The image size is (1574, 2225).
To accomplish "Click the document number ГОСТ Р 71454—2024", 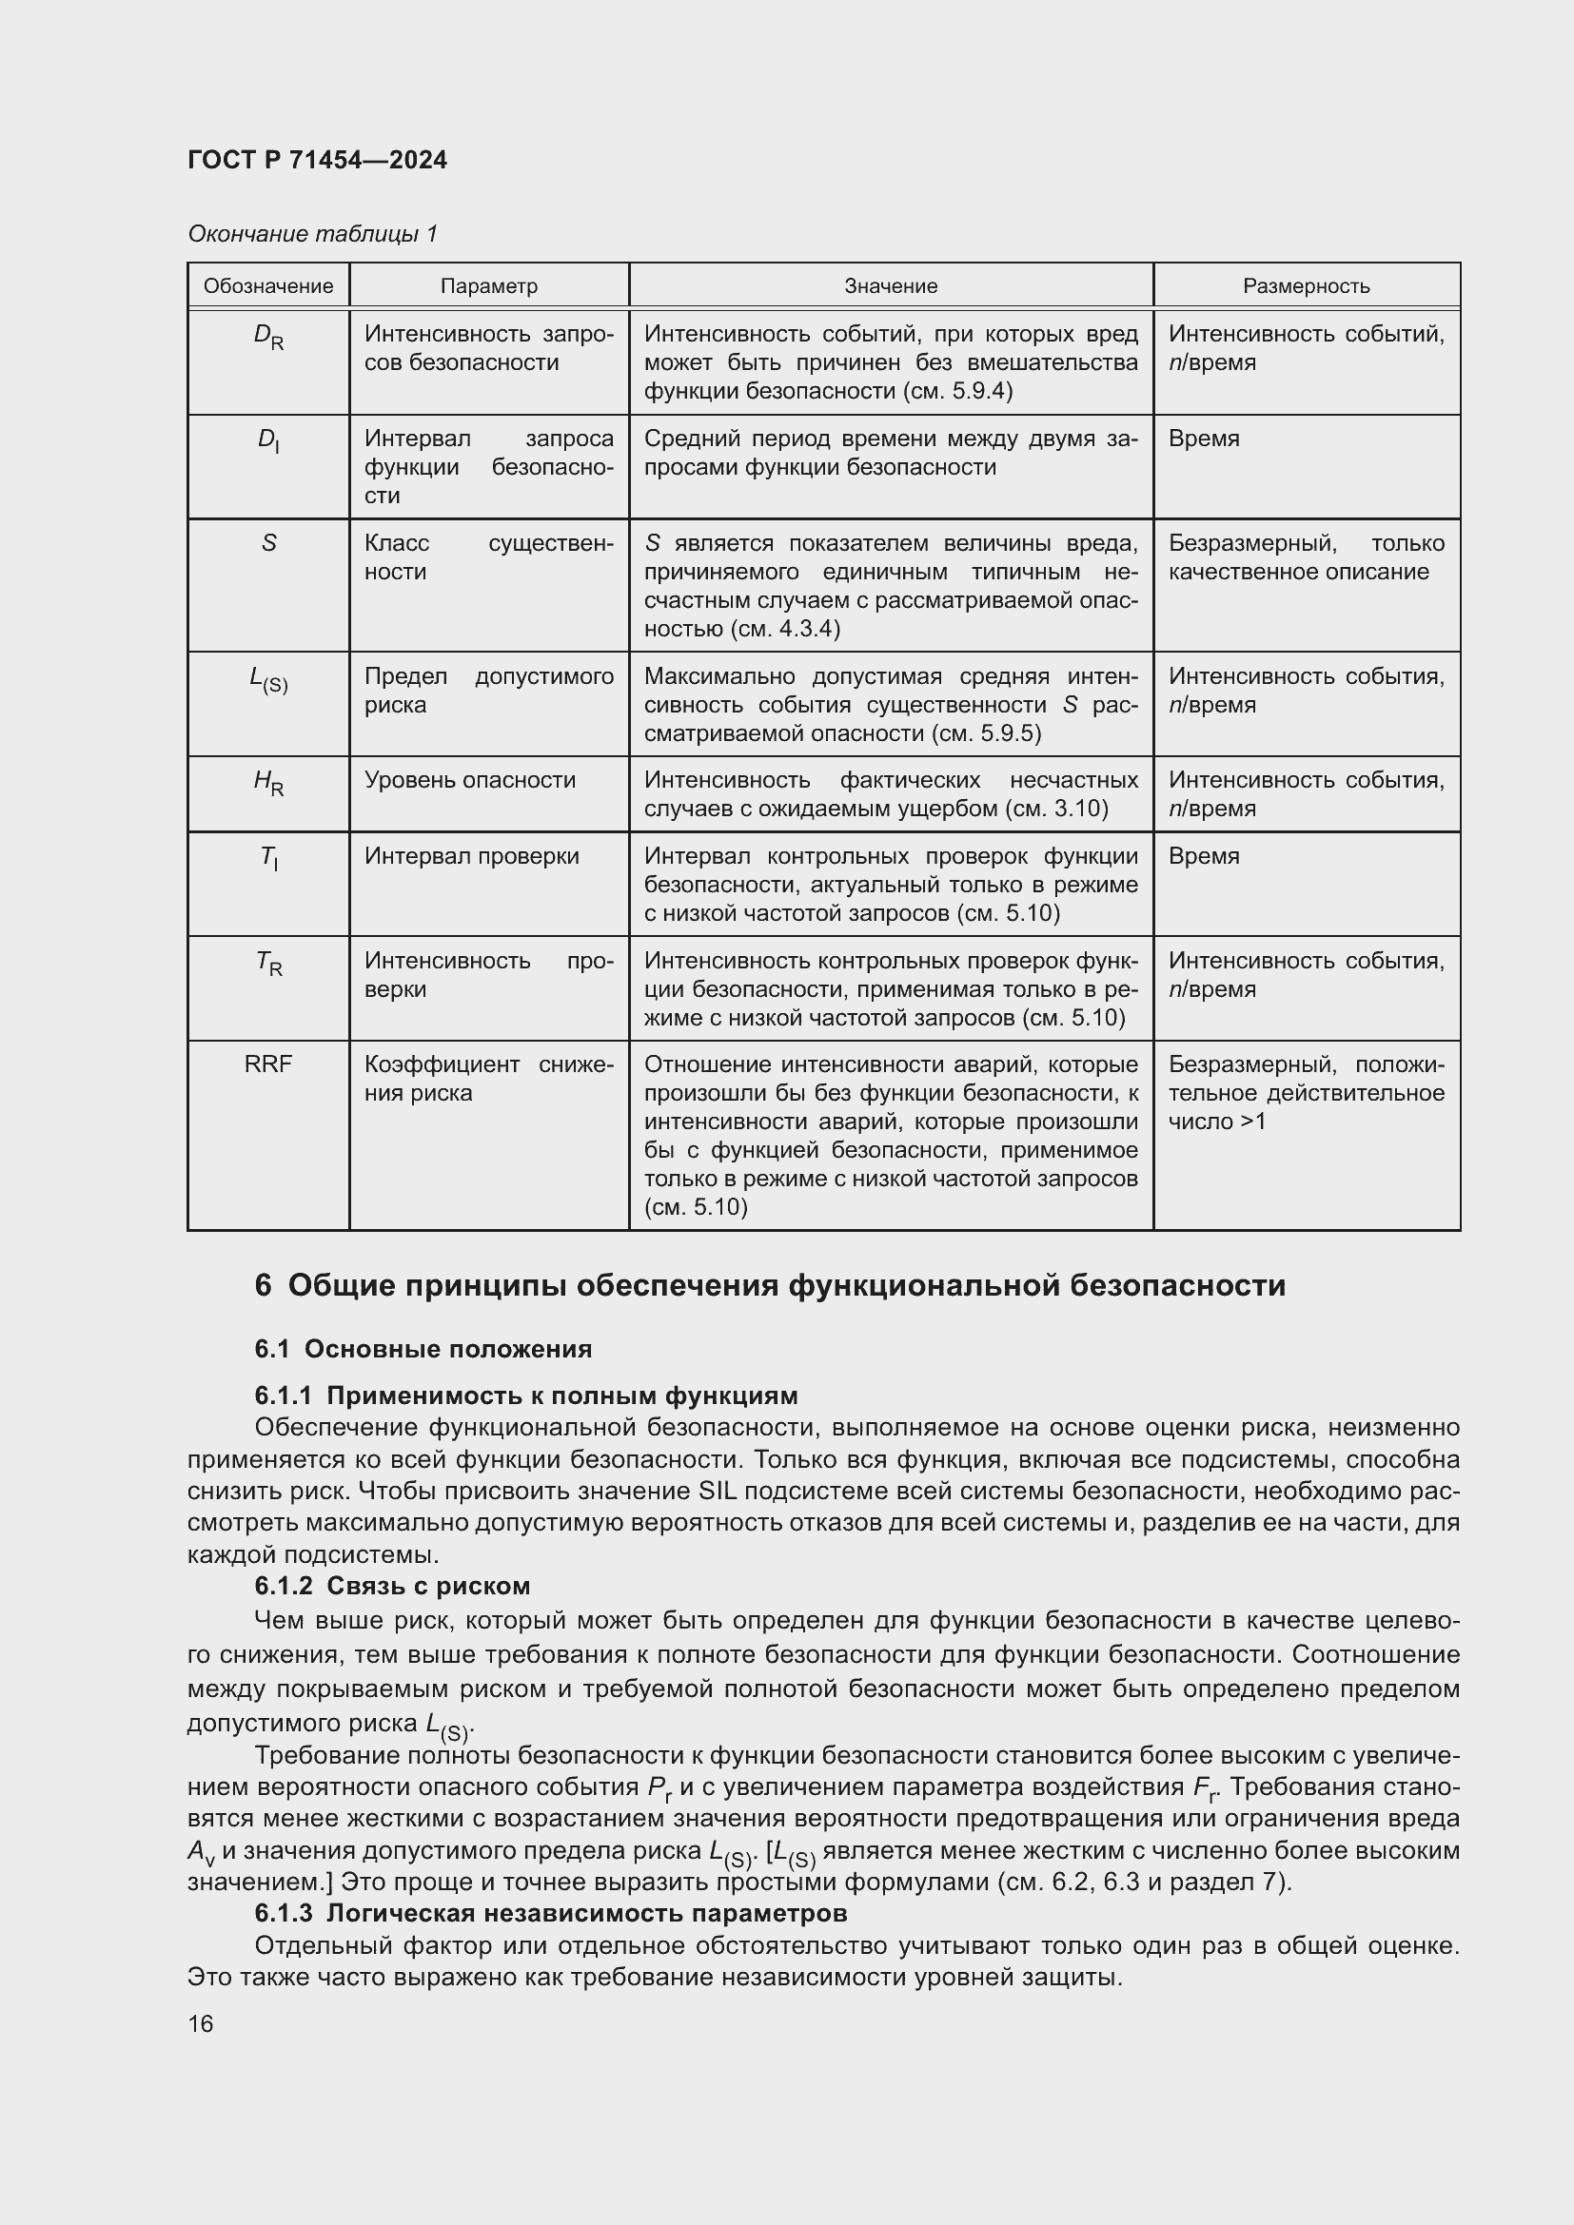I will click(x=317, y=160).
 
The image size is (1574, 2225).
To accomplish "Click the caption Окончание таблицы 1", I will click(x=312, y=234).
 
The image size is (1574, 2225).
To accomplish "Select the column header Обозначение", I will click(x=267, y=286).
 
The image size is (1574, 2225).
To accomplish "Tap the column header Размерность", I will click(x=1306, y=286).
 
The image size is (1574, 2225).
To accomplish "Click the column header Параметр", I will click(x=488, y=286).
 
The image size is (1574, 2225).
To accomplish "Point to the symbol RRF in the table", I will click(x=267, y=1064).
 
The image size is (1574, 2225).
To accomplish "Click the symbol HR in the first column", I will click(x=268, y=782).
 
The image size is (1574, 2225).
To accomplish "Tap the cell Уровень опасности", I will click(x=470, y=780).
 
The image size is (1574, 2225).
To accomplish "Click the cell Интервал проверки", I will click(x=472, y=856).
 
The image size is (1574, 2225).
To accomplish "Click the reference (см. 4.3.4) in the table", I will click(x=783, y=629).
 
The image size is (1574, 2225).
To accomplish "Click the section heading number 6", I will click(x=263, y=1286).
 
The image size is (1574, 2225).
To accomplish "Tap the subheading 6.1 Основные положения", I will click(x=423, y=1349).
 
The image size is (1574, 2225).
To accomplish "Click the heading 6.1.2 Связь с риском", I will click(x=392, y=1586).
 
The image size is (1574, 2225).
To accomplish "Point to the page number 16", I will click(x=201, y=2023).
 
